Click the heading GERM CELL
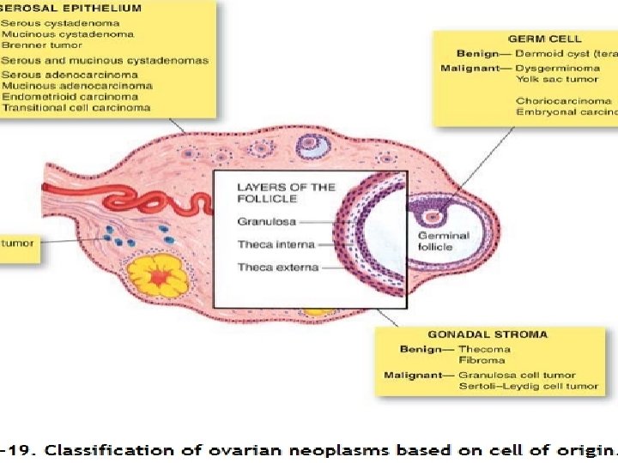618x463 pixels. pyautogui.click(x=544, y=39)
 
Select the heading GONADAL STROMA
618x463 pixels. pyautogui.click(x=488, y=334)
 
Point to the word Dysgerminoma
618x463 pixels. pyautogui.click(x=551, y=67)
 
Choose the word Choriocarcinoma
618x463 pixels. pyautogui.click(x=557, y=100)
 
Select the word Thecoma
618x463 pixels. pyautogui.click(x=484, y=349)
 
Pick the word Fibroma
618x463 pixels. pyautogui.click(x=481, y=361)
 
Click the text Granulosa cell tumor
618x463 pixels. pyautogui.click(x=517, y=375)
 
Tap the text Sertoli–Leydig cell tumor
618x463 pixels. pyautogui.click(x=528, y=387)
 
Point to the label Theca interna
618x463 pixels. pyautogui.click(x=276, y=244)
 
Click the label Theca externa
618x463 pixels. pyautogui.click(x=277, y=268)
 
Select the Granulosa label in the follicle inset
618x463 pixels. pyautogui.click(x=267, y=222)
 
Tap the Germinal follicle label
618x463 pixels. pyautogui.click(x=444, y=241)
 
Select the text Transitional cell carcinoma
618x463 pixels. pyautogui.click(x=76, y=107)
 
